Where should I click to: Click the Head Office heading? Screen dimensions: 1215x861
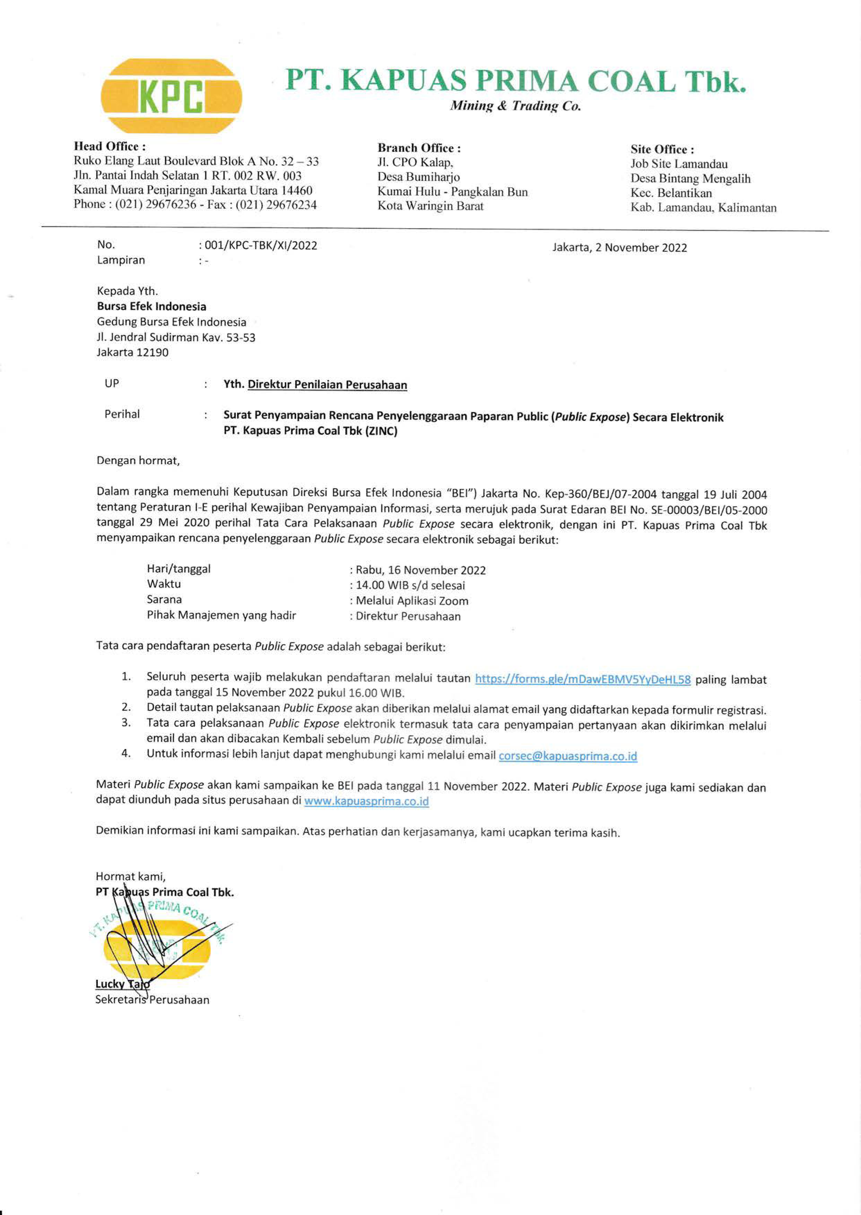coord(110,146)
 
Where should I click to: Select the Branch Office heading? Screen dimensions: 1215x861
coord(419,148)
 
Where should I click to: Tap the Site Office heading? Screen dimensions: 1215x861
coord(662,149)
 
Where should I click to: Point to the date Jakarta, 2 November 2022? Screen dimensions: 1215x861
coord(619,248)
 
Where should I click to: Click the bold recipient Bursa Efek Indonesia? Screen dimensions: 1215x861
coord(151,307)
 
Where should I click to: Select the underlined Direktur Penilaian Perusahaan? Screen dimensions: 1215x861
coord(327,385)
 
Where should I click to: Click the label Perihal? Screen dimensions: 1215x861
coord(122,414)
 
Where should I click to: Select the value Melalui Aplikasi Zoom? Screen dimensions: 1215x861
coord(412,601)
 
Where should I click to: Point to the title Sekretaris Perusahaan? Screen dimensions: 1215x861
coord(152,1000)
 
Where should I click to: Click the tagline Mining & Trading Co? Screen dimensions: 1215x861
coord(515,106)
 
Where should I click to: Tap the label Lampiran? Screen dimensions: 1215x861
coord(121,260)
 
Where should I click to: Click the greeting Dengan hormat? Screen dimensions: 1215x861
coord(138,461)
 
